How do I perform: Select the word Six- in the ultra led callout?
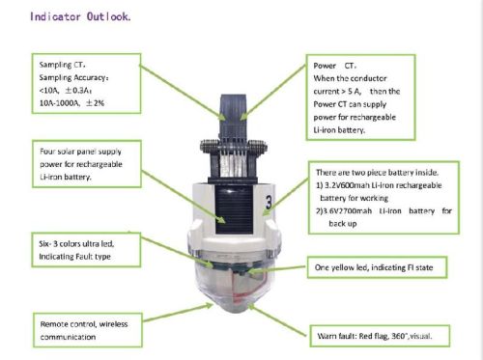[48, 245]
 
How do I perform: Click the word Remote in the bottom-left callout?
[59, 324]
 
